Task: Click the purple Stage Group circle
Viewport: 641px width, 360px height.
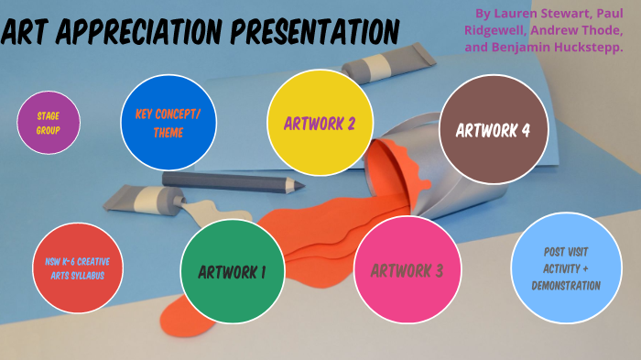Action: [49, 123]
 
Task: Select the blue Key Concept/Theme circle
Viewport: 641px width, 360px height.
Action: [168, 125]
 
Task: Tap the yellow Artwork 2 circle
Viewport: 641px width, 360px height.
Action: [319, 123]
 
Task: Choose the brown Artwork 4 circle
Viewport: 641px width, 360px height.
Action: [493, 129]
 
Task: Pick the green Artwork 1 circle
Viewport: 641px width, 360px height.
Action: [232, 271]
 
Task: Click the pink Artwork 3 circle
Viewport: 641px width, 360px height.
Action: [407, 270]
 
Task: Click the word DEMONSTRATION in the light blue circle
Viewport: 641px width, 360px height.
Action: [566, 286]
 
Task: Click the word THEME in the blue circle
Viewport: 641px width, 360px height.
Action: [168, 134]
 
